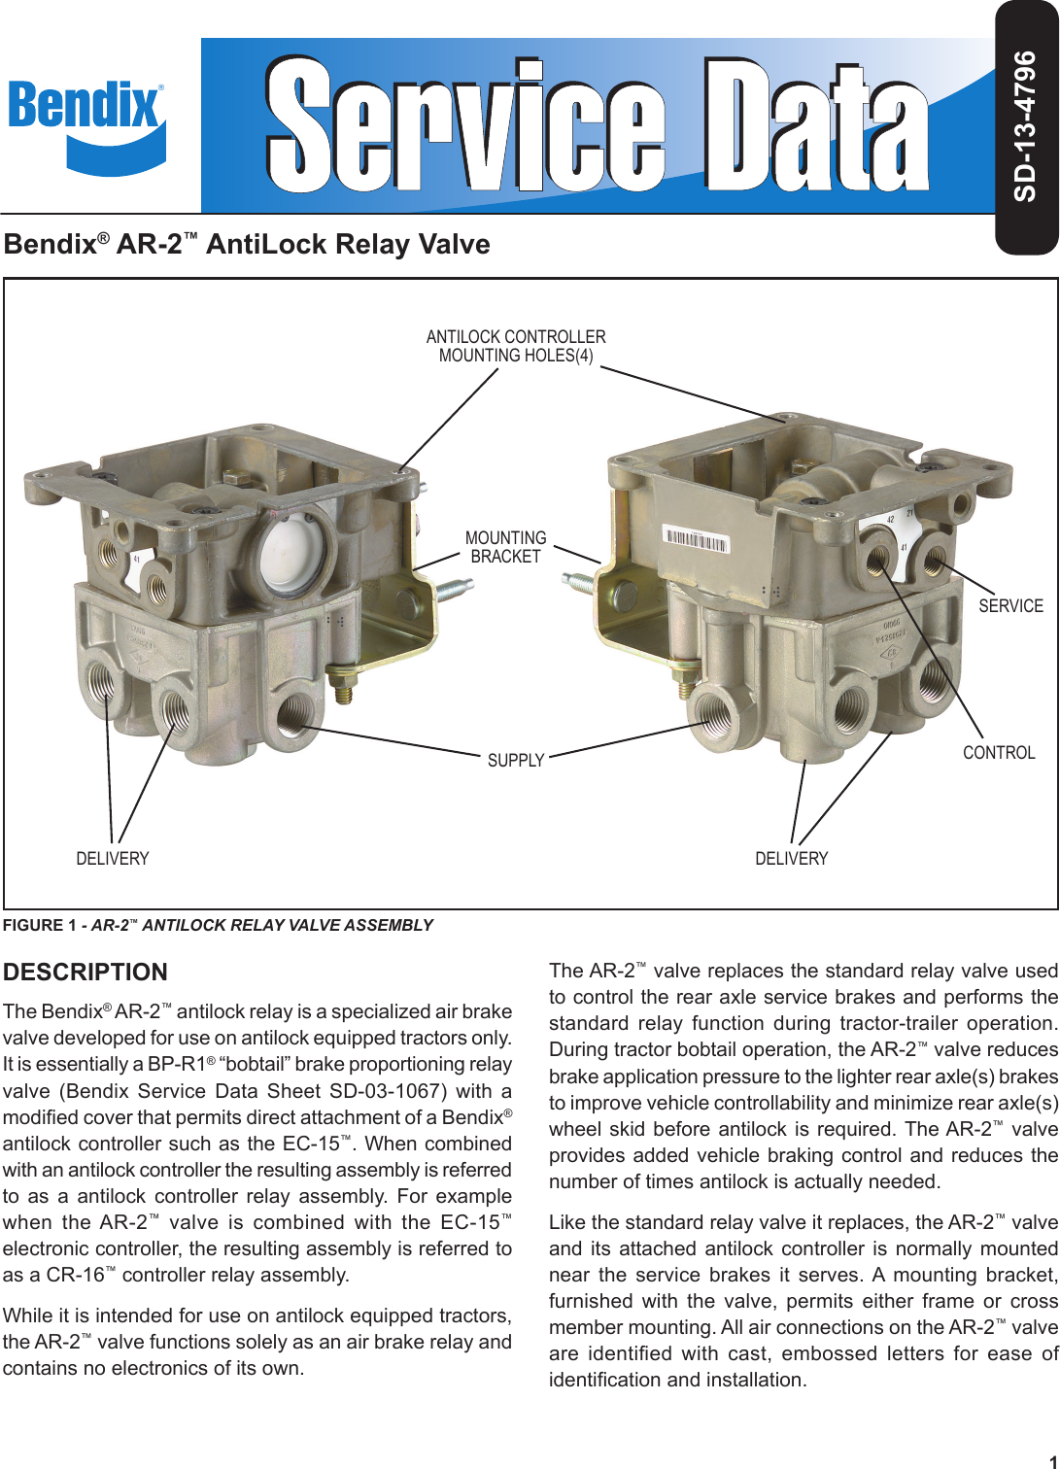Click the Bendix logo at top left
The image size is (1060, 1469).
coord(86,123)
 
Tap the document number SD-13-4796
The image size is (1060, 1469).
coord(1025,126)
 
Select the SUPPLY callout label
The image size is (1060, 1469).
coord(516,761)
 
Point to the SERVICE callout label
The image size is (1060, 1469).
coord(1010,606)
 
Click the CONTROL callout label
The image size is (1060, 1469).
coord(999,753)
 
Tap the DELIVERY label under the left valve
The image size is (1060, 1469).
coord(113,859)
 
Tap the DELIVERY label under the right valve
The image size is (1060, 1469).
coord(792,859)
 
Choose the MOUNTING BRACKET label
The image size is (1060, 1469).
coord(505,547)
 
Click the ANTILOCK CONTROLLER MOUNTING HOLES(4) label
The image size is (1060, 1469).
coord(516,346)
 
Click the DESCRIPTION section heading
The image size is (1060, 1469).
coord(85,973)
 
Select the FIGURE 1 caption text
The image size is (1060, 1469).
coord(218,926)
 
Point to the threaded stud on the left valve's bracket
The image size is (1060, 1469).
coord(453,589)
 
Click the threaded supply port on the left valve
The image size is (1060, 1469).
coord(293,715)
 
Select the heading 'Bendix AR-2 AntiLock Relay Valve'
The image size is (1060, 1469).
coord(247,244)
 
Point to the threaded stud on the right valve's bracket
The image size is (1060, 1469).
coord(580,583)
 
